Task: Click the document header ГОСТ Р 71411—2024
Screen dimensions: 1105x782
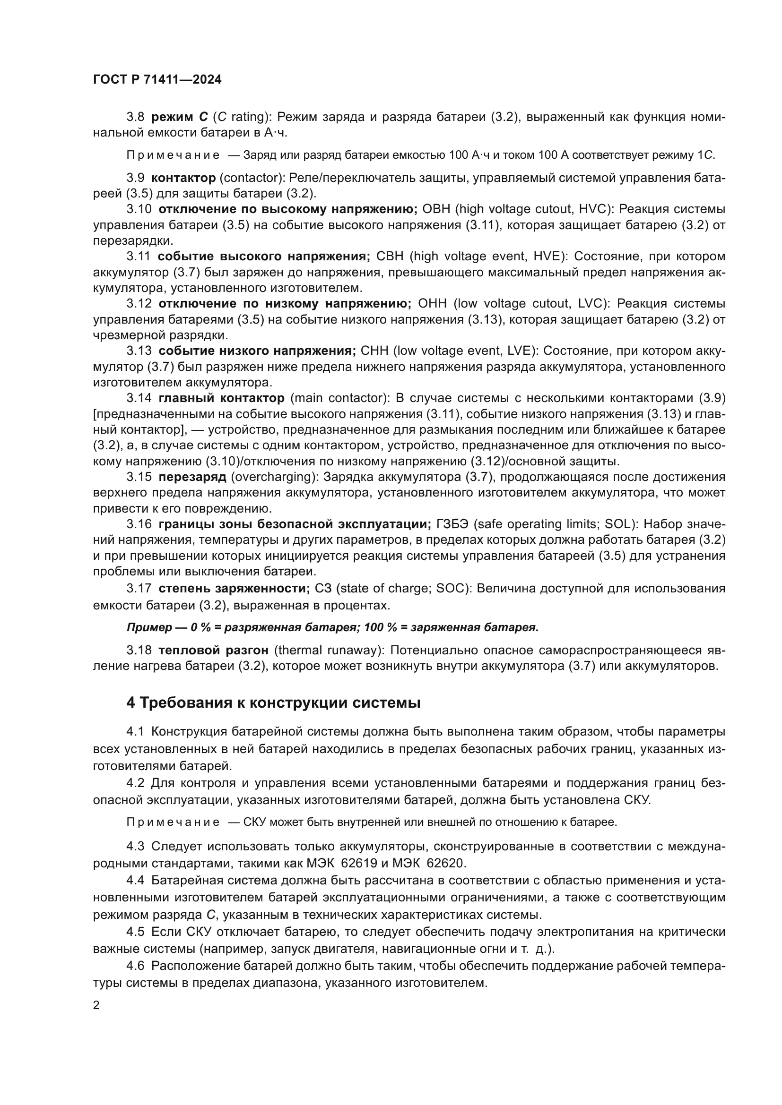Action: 157,79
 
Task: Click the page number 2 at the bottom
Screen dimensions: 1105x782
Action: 96,1005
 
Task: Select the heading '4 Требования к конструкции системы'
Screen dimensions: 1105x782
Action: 273,703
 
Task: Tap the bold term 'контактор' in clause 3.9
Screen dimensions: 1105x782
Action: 183,178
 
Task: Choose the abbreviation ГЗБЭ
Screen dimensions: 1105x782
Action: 449,524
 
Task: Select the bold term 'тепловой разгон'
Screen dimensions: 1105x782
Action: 213,650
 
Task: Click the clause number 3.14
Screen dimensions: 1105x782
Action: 139,398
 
